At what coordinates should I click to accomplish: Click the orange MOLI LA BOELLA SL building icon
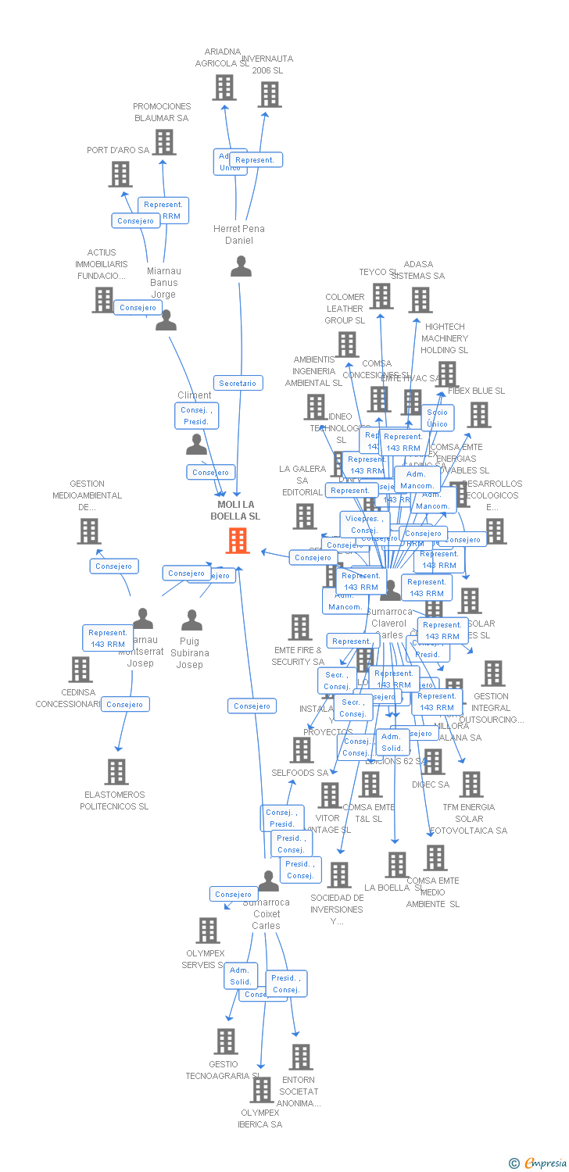pos(238,540)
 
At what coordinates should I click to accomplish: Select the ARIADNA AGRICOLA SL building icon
pos(224,88)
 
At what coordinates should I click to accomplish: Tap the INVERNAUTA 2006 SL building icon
pos(270,94)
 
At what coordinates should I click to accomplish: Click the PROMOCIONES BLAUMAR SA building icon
pos(164,142)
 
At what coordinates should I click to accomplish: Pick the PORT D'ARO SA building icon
pos(120,174)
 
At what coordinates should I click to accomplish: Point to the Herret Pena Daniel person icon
pos(241,266)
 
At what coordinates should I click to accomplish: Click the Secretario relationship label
pos(238,383)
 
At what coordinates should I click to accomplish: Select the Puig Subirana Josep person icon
pos(191,620)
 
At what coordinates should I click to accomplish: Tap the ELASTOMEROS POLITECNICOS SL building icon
pos(116,772)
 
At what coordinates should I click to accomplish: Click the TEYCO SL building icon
pos(381,296)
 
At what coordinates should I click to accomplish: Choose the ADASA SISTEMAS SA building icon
pos(420,300)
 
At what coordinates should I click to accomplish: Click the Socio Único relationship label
pos(437,418)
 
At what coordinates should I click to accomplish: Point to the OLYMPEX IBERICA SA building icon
pos(261,1090)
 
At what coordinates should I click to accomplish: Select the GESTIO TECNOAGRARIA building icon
pos(226,1042)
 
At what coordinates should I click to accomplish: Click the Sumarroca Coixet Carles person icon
pos(268,881)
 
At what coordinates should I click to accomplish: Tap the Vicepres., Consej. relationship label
pos(364,524)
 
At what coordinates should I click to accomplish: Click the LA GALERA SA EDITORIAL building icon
pos(305,516)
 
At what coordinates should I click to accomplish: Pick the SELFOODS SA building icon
pos(302,750)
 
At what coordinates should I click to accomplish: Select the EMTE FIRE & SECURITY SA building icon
pos(300,627)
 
